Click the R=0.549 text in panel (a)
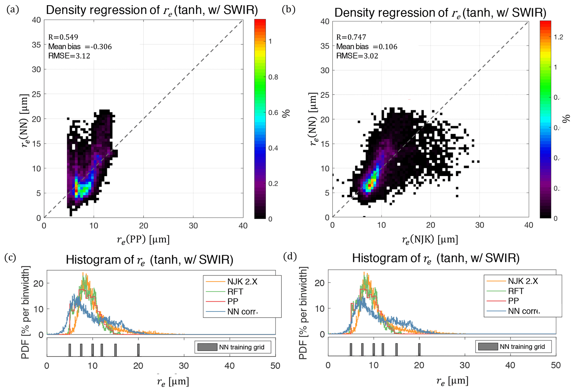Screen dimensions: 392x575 click(x=63, y=37)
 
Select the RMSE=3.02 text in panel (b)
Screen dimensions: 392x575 click(x=357, y=56)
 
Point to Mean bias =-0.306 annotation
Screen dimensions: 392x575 click(x=80, y=46)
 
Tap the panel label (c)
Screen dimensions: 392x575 click(x=10, y=257)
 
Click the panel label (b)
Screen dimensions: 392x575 click(x=288, y=10)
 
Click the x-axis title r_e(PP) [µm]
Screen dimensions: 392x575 click(x=143, y=239)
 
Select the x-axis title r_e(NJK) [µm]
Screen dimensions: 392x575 click(x=430, y=239)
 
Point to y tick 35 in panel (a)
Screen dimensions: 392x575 click(x=36, y=45)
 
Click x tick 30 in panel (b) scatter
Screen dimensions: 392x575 click(x=480, y=225)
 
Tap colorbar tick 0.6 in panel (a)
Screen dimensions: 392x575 click(x=273, y=113)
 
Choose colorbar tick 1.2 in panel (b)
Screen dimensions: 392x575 click(x=558, y=37)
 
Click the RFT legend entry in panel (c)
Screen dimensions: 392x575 click(x=235, y=292)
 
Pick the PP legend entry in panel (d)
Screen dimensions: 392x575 click(x=513, y=301)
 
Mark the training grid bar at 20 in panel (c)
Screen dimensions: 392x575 click(x=138, y=350)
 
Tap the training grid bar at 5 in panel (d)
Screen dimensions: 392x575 click(x=351, y=349)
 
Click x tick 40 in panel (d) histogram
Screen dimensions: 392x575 click(x=510, y=365)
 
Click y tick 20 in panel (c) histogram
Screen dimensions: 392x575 click(x=39, y=283)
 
